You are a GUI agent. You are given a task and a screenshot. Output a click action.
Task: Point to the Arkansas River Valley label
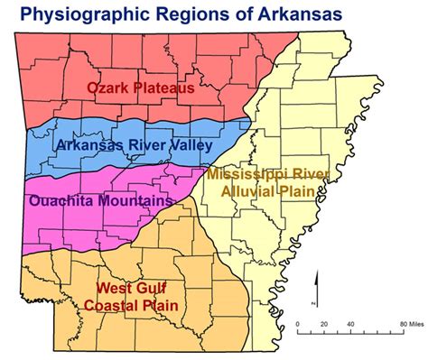pos(134,144)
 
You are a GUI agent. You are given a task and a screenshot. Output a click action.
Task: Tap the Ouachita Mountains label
pos(99,199)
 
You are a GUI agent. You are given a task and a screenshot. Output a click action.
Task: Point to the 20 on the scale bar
pos(323,324)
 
